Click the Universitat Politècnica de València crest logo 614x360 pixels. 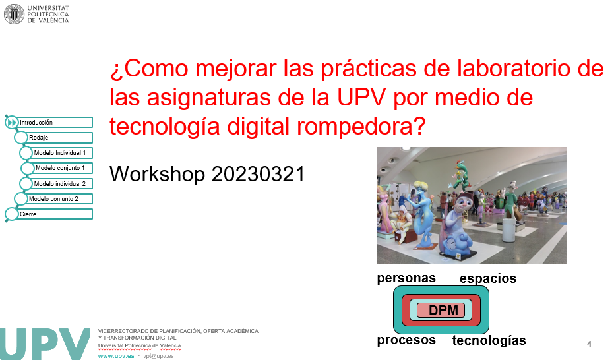14,15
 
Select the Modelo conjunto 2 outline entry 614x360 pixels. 53,198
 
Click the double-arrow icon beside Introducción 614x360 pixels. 12,123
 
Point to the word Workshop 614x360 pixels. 157,174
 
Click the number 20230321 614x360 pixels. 258,174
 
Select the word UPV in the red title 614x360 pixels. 362,97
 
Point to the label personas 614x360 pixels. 406,278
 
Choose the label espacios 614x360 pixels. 488,278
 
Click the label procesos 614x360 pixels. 406,340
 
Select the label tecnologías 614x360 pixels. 489,340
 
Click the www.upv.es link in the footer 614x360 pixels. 116,356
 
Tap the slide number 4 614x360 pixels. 589,344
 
